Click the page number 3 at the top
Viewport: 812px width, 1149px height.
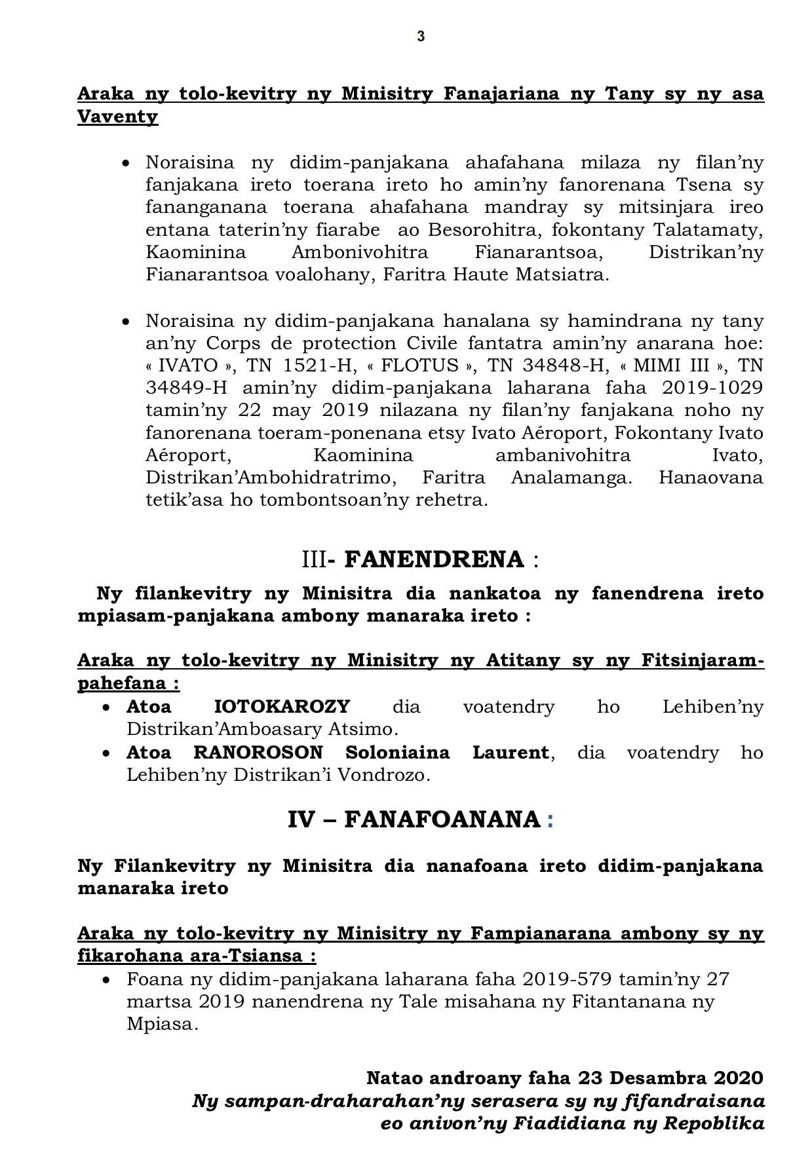point(421,37)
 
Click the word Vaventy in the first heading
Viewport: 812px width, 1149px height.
point(118,117)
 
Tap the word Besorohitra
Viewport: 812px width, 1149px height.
point(478,230)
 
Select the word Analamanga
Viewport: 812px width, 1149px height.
point(571,477)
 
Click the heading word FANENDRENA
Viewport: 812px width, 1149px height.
point(434,559)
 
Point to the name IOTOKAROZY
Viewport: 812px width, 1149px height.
point(282,707)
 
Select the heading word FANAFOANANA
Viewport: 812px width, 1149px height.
point(442,819)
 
